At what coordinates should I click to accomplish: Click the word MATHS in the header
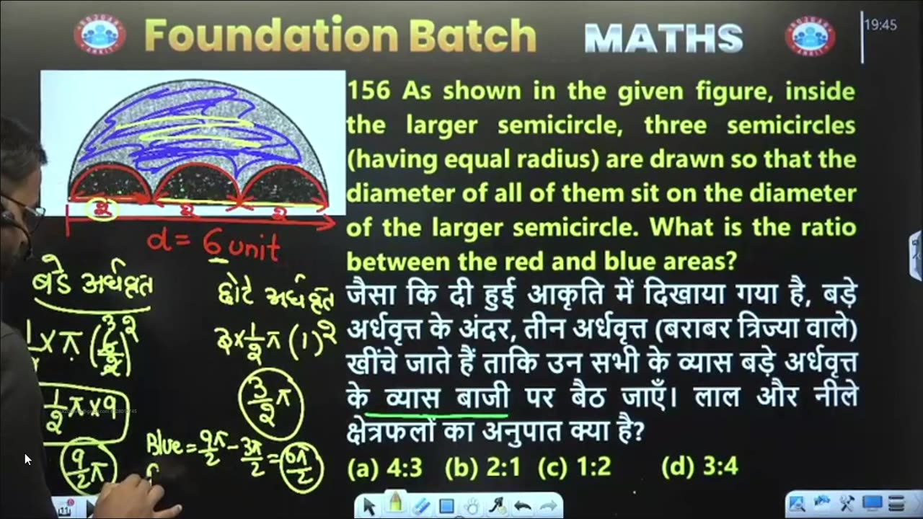(663, 37)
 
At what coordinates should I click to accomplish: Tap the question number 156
(368, 92)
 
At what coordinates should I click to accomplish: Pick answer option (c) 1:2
(575, 467)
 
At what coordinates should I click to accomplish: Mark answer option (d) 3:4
(699, 467)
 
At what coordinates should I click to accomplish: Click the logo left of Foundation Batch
(100, 35)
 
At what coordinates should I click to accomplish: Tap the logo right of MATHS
(810, 36)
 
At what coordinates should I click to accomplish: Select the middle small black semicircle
(196, 185)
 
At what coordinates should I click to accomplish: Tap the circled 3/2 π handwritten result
(271, 404)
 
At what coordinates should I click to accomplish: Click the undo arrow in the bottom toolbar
(523, 506)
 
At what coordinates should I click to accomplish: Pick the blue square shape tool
(446, 506)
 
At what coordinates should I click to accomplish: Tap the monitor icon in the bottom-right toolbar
(873, 503)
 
